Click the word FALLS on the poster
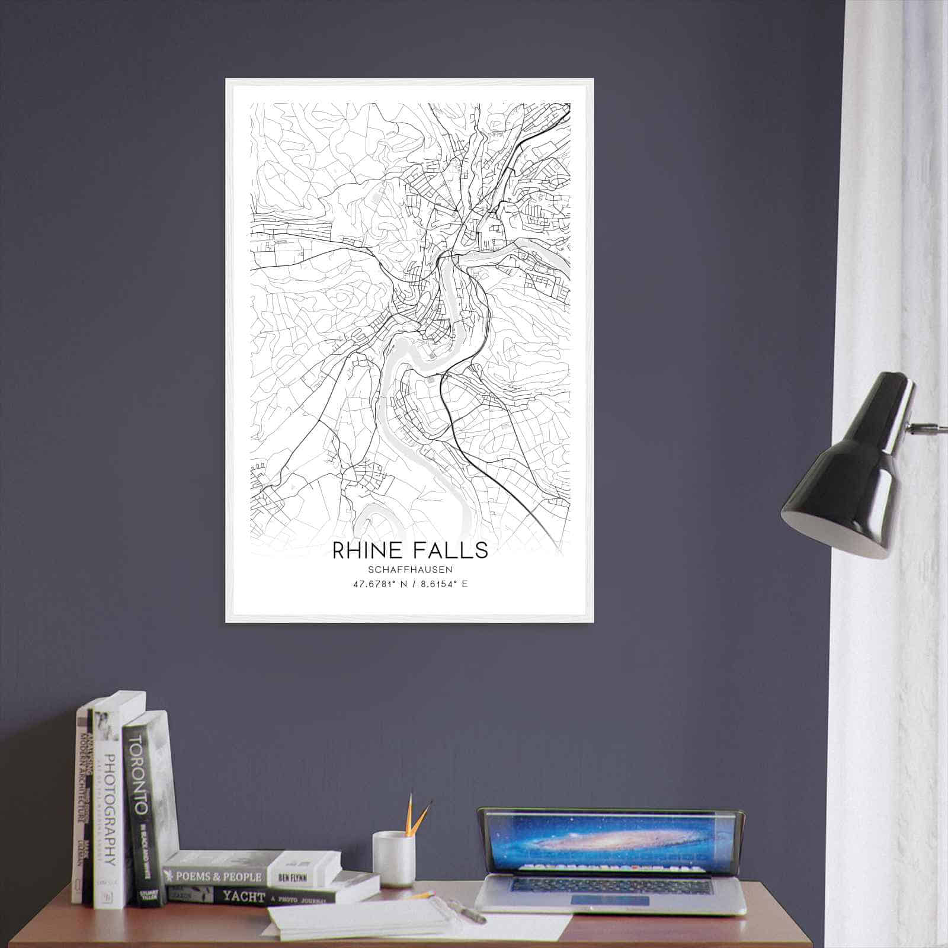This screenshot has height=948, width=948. (x=453, y=550)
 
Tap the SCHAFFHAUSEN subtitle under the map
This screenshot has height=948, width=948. (x=410, y=569)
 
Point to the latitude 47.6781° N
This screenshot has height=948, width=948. (x=379, y=584)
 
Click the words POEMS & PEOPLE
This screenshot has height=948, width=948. (x=217, y=875)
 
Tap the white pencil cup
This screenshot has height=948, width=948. (x=393, y=859)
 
